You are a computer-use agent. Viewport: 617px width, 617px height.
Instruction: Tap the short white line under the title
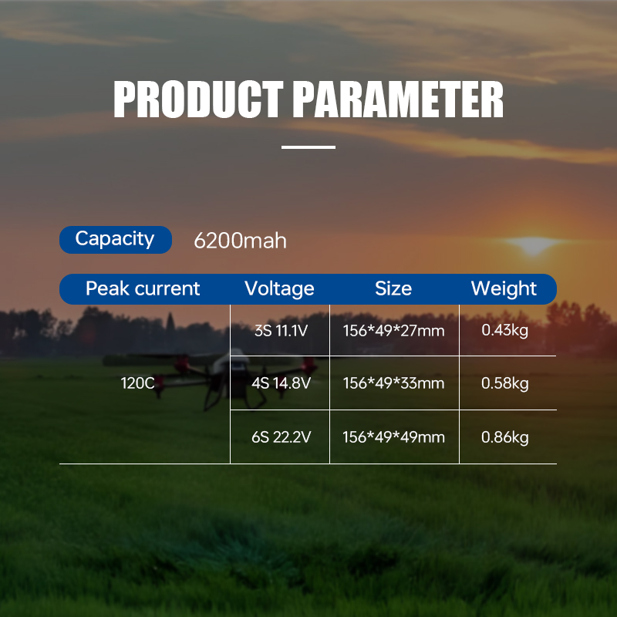click(308, 147)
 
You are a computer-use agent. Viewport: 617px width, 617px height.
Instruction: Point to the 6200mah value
click(240, 241)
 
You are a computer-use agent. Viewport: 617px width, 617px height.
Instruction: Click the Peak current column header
click(143, 288)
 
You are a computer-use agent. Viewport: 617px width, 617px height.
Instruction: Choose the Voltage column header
click(279, 288)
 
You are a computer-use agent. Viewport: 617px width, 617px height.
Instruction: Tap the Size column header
click(393, 288)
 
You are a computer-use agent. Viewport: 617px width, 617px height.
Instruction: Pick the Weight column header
click(504, 288)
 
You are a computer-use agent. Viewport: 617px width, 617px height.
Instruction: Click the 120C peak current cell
click(138, 383)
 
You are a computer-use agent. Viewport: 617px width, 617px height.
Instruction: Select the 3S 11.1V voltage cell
click(282, 330)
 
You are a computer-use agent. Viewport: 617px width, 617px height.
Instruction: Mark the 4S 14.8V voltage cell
click(282, 383)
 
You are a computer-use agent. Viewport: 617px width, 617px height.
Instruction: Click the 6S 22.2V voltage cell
click(282, 437)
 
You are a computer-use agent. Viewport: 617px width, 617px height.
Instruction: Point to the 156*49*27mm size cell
click(393, 330)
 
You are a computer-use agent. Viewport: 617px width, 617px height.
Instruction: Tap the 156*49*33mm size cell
click(393, 383)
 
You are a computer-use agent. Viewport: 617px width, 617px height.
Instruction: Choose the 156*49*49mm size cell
click(393, 437)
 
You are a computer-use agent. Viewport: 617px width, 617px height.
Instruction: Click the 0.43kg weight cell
click(505, 330)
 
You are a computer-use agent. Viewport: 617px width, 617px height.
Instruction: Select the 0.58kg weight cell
click(505, 383)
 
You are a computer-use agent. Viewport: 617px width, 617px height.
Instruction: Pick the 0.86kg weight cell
click(505, 437)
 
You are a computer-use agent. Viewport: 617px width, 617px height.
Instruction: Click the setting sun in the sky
click(532, 245)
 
